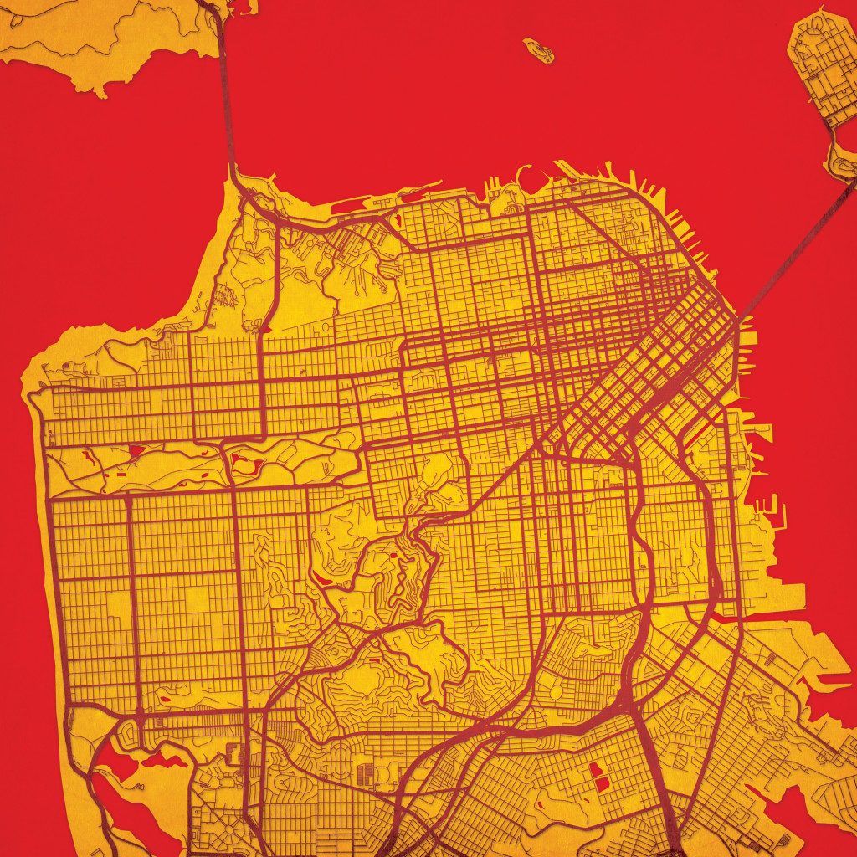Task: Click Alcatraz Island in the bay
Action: [x=539, y=49]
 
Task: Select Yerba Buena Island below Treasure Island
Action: [x=842, y=159]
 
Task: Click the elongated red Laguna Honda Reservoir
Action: [x=322, y=577]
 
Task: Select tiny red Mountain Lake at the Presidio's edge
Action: [x=266, y=329]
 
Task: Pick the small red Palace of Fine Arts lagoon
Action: [x=395, y=219]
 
